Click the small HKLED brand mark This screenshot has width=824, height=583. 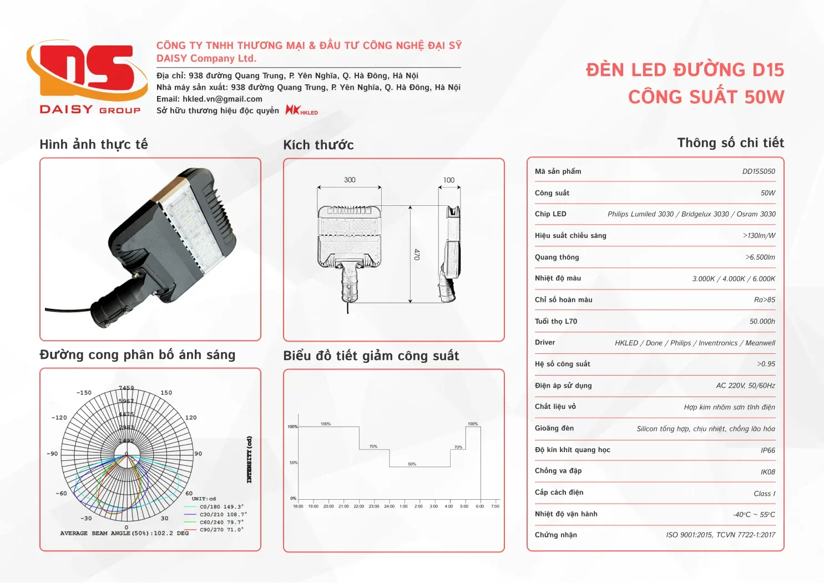click(302, 110)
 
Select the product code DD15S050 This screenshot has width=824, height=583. click(759, 171)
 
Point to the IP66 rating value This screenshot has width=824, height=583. click(768, 450)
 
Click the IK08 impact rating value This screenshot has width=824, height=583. click(768, 472)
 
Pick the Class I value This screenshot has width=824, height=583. click(764, 494)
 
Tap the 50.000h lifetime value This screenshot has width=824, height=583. click(762, 321)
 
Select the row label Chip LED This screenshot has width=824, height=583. click(550, 214)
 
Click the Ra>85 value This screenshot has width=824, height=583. click(764, 300)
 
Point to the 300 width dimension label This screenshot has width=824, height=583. click(350, 180)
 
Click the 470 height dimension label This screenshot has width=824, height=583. click(417, 254)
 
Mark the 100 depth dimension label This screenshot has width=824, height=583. click(449, 180)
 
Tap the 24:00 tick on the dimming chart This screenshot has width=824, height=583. click(389, 506)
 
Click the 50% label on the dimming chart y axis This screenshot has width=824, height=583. click(293, 463)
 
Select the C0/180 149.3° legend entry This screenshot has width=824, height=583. click(221, 506)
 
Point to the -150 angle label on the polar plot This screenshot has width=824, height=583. click(84, 393)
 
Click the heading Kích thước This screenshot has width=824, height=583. click(319, 145)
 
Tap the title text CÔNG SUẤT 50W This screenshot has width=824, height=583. click(706, 97)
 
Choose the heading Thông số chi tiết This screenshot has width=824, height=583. click(730, 143)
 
